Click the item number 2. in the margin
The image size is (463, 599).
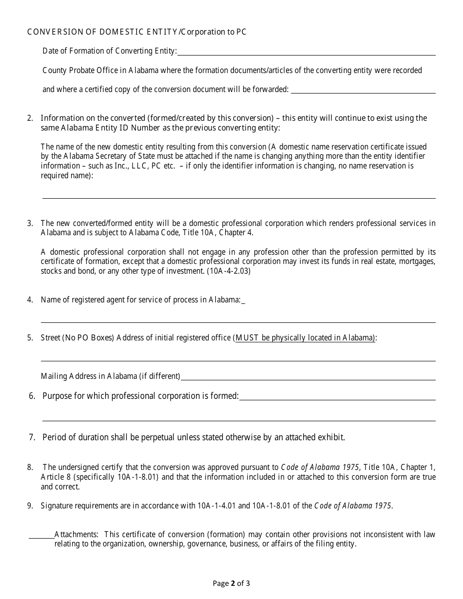click(30, 118)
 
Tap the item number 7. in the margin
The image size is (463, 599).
click(32, 437)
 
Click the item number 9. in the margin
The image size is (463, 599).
click(30, 506)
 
